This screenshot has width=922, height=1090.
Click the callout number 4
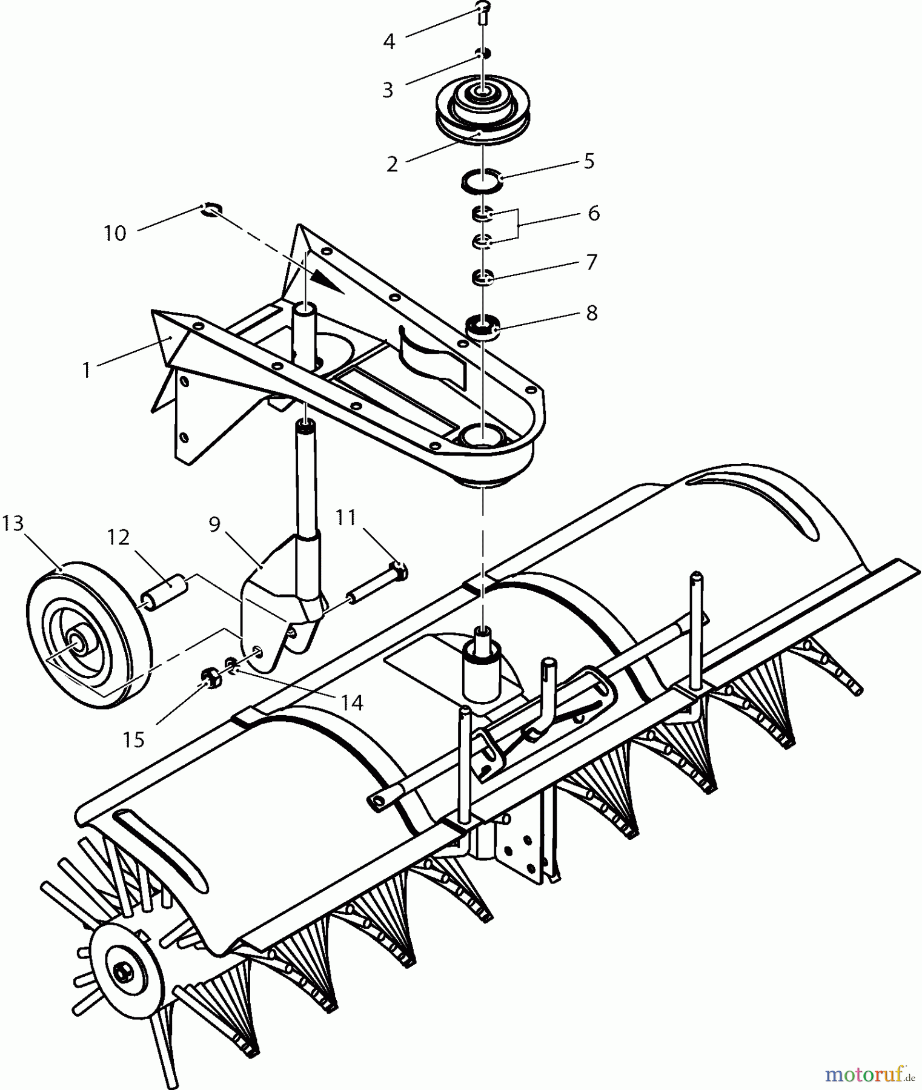click(389, 42)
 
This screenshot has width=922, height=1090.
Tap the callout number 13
click(13, 523)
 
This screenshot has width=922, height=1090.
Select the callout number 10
click(114, 233)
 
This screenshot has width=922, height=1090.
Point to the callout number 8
click(591, 313)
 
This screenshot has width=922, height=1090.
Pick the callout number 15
click(134, 739)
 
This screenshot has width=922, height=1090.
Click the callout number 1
click(87, 369)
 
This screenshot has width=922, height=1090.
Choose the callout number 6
click(593, 213)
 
